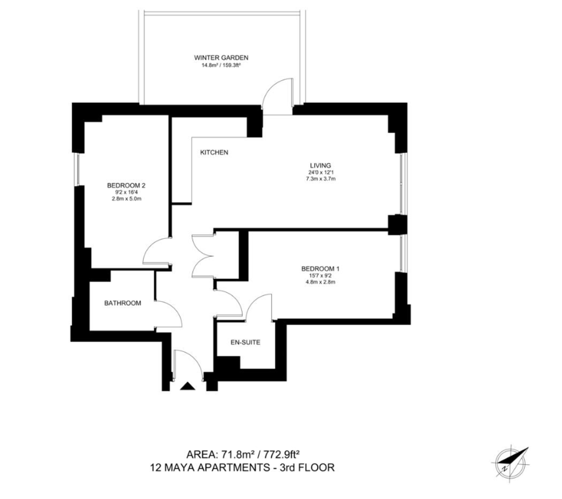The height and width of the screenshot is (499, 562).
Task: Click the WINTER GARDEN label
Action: [x=221, y=58]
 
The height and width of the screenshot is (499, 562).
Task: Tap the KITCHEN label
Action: [x=214, y=152]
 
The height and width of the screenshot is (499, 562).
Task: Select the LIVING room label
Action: [x=320, y=165]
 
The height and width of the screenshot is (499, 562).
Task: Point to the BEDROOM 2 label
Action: [x=126, y=185]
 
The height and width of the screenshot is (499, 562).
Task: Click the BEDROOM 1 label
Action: [x=320, y=269]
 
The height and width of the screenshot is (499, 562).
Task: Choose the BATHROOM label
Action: [x=123, y=303]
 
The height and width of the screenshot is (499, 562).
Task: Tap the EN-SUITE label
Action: [x=246, y=342]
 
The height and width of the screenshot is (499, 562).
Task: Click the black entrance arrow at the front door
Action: [x=187, y=386]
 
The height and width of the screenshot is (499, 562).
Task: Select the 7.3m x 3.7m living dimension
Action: [x=320, y=179]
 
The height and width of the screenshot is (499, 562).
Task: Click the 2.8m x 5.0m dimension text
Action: [x=126, y=198]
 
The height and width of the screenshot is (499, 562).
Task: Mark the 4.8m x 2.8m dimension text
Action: [x=320, y=282]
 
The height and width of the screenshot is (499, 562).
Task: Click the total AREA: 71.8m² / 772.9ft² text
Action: [x=243, y=455]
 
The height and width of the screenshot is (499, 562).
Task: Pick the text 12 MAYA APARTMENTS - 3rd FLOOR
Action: [x=243, y=468]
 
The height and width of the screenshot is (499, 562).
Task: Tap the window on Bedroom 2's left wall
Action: [x=78, y=170]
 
